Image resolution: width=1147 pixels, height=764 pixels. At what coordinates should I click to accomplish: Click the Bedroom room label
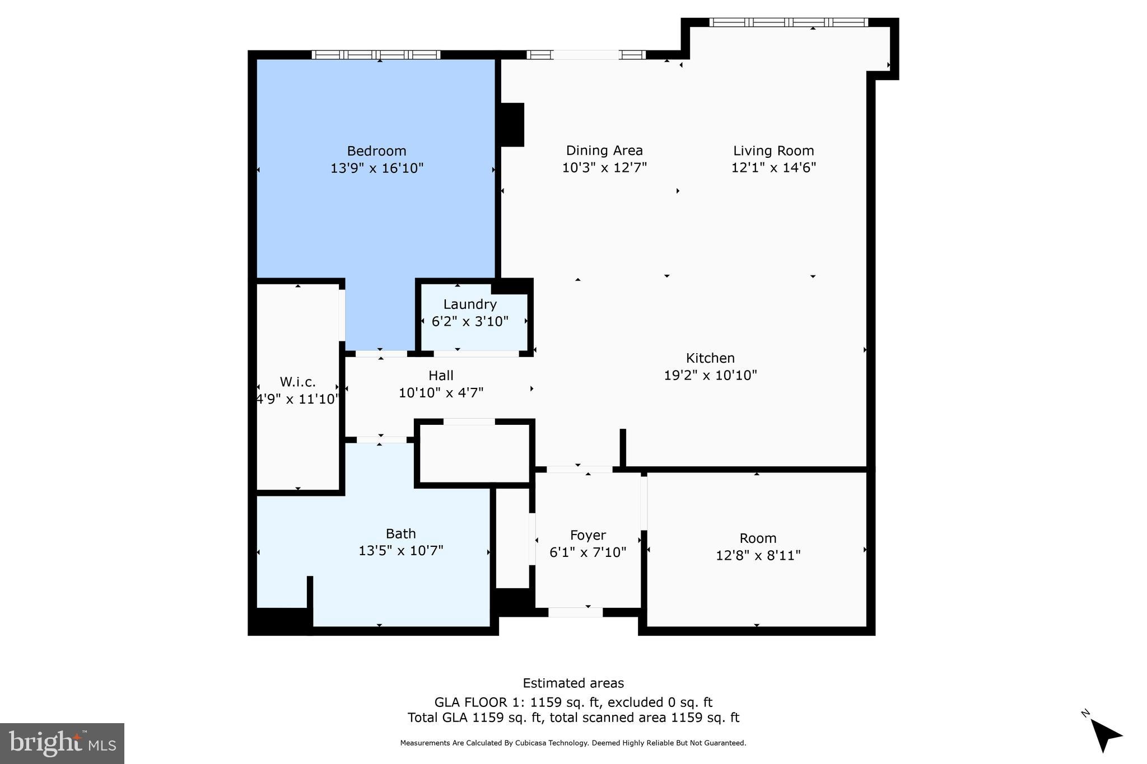(x=376, y=151)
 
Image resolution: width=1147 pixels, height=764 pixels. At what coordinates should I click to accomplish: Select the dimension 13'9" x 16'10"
(x=376, y=168)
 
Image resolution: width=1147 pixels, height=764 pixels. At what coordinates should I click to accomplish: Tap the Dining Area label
(x=604, y=151)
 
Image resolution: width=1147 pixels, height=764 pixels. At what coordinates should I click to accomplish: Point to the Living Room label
(x=773, y=151)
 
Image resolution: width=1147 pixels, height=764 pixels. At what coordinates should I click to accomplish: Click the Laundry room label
(x=470, y=304)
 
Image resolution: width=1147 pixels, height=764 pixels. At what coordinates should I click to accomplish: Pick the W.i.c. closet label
(x=297, y=382)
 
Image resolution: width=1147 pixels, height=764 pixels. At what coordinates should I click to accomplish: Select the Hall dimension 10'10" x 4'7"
(x=441, y=393)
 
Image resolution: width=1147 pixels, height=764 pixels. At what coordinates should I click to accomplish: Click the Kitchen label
(x=710, y=358)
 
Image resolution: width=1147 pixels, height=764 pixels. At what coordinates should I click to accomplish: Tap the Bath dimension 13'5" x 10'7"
(x=400, y=551)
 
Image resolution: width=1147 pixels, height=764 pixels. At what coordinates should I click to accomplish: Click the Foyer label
(x=588, y=536)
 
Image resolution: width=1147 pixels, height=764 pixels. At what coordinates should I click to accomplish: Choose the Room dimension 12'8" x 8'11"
(x=758, y=555)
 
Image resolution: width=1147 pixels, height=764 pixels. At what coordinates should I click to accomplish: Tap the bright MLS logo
(x=62, y=743)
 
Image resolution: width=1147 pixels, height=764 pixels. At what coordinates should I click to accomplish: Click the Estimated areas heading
(x=573, y=683)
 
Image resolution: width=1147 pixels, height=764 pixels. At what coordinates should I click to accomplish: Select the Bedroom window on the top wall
(x=376, y=55)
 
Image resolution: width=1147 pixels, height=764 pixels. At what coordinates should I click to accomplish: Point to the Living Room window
(x=789, y=22)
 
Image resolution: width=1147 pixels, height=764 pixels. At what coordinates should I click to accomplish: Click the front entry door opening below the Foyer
(x=575, y=612)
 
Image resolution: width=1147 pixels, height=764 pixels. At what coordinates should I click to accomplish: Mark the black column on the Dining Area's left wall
(x=511, y=125)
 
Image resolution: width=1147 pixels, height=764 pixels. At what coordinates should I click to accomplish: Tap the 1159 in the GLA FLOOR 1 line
(x=545, y=702)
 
